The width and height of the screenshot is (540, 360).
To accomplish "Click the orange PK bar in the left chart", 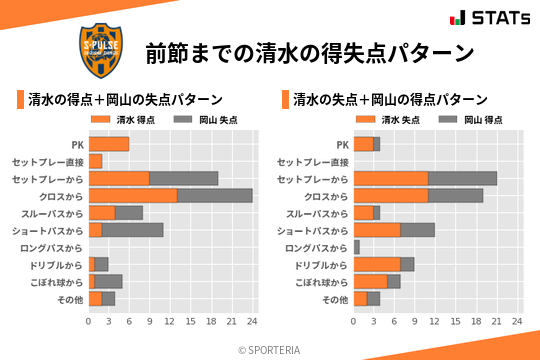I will (109, 144).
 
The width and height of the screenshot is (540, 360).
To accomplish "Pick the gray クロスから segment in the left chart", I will (215, 195).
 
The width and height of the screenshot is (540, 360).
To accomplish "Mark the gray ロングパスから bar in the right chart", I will (356, 247).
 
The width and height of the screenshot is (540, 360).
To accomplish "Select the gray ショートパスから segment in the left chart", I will (132, 230).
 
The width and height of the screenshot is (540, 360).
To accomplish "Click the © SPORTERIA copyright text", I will (270, 349).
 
